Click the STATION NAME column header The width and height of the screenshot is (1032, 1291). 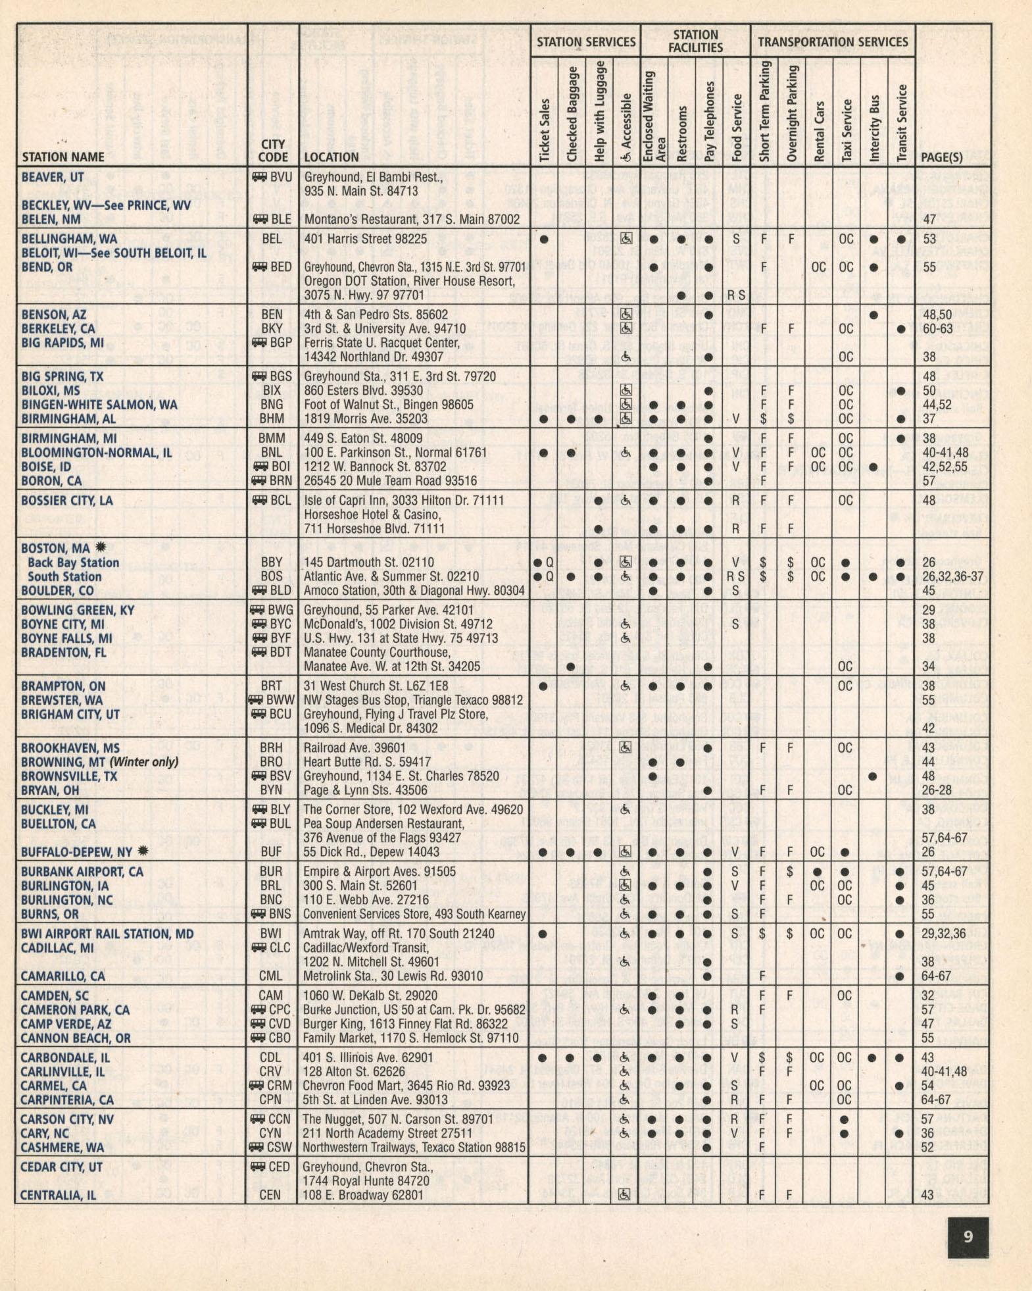tap(63, 157)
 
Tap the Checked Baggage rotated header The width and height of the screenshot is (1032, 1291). tap(572, 114)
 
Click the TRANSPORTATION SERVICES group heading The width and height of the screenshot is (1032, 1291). tap(833, 41)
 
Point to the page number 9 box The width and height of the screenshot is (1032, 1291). tap(968, 1237)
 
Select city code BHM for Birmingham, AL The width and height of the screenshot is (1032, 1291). tap(272, 418)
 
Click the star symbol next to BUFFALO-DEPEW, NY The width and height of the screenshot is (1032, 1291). tap(143, 851)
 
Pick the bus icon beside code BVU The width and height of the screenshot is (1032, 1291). tap(259, 177)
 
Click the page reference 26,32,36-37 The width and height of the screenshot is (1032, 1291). tap(952, 576)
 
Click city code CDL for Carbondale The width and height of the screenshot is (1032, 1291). tap(270, 1057)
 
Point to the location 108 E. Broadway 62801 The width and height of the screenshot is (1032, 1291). tap(363, 1195)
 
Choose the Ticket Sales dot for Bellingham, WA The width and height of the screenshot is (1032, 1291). tap(543, 240)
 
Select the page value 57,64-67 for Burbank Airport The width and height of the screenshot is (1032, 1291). tap(944, 871)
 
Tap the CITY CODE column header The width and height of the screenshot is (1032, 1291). tap(272, 151)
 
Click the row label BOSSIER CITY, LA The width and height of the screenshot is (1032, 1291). tap(67, 501)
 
